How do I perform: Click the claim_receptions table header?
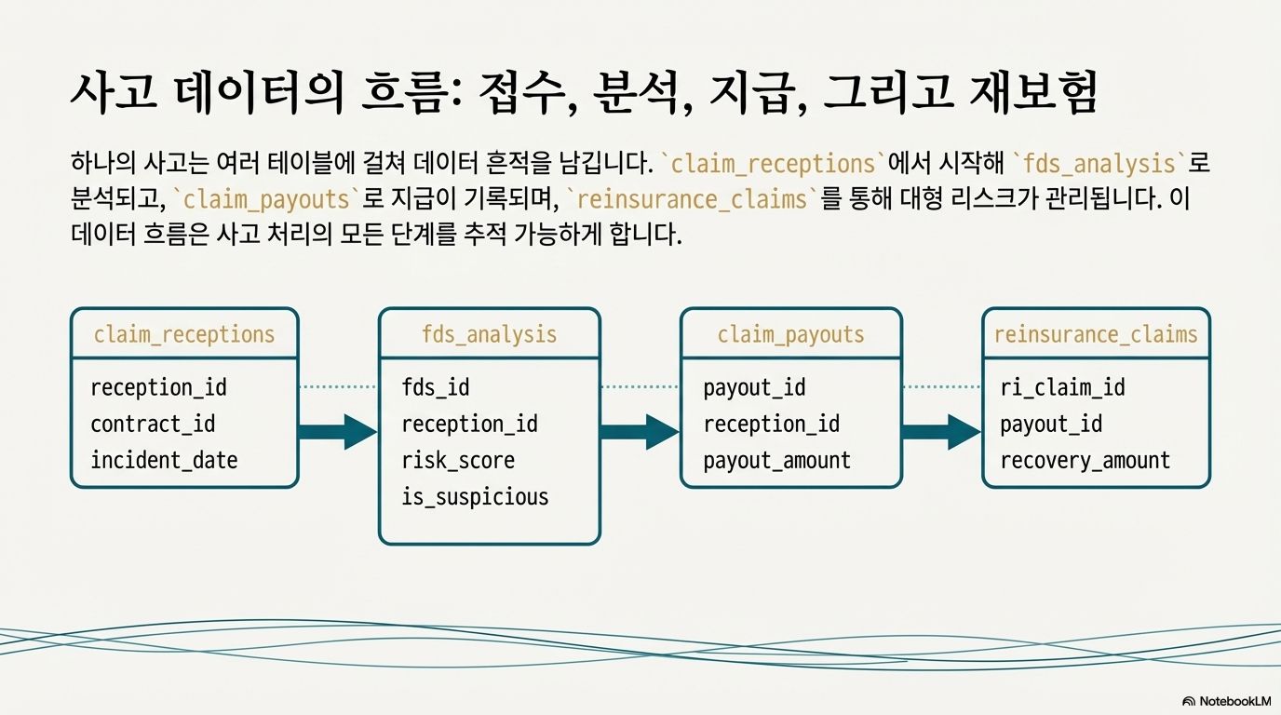[184, 334]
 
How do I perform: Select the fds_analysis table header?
[490, 334]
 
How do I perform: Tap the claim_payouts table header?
[791, 334]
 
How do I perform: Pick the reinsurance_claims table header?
[1096, 334]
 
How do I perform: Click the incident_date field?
[164, 460]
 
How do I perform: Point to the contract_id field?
[153, 424]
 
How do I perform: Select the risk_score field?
[458, 460]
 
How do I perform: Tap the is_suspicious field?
[476, 496]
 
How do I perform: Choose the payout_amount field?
[777, 460]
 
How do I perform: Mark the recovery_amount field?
[1085, 460]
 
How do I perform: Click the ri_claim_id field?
[1063, 387]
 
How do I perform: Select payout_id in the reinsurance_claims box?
[1051, 424]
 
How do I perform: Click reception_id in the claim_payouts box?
[772, 424]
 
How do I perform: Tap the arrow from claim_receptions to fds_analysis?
[338, 432]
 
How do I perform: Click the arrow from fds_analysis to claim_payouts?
[640, 432]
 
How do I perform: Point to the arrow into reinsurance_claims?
[941, 432]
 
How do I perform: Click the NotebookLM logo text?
[1234, 701]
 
